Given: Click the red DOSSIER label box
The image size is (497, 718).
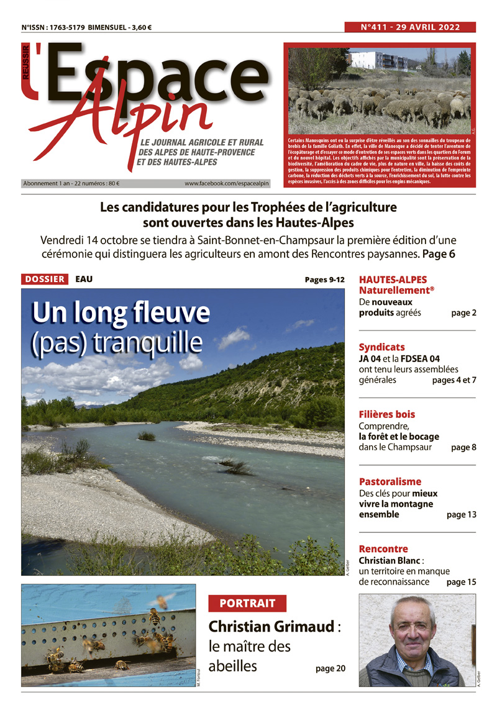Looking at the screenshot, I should (x=45, y=279).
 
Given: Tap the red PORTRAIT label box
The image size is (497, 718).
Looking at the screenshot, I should (x=247, y=603).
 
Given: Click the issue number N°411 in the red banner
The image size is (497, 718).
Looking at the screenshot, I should (x=378, y=27).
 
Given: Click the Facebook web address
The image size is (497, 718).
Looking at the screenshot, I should (x=227, y=184).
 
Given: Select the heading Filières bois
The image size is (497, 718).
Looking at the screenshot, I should (x=387, y=414).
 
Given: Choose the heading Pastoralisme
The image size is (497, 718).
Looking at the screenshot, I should (x=390, y=481).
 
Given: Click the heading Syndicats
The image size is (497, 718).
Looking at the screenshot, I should (x=381, y=347).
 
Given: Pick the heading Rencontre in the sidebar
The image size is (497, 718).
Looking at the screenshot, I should (x=383, y=549).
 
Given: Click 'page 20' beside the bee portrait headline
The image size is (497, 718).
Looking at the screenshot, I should (x=330, y=669).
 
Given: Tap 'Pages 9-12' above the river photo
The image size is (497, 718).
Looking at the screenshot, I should (x=324, y=279).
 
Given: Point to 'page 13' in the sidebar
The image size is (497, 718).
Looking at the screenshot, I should (x=461, y=515).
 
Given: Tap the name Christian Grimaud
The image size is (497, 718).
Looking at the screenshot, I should (x=271, y=627).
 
